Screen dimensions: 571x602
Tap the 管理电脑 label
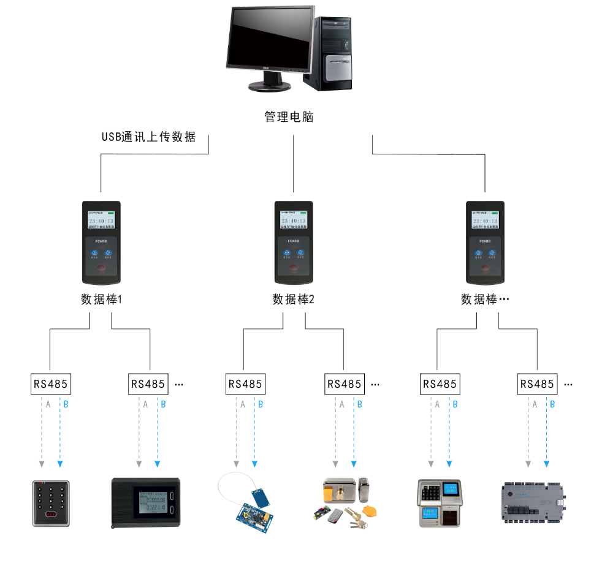(289, 117)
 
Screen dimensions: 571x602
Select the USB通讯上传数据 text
(149, 137)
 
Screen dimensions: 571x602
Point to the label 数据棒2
(294, 300)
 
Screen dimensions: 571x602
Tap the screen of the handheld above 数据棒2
(294, 221)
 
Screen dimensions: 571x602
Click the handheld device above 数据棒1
(101, 243)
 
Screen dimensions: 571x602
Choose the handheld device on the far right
(485, 243)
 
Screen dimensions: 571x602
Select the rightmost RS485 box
(536, 384)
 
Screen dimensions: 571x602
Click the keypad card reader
(51, 503)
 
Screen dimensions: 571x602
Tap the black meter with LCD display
(146, 502)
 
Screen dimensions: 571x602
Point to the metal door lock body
(341, 493)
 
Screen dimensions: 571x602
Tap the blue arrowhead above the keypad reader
(59, 463)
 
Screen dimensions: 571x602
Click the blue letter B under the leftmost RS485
(66, 404)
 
